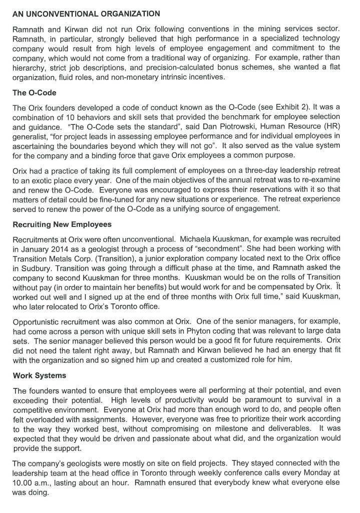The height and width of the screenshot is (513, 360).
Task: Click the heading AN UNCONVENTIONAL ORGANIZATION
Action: [x=86, y=14]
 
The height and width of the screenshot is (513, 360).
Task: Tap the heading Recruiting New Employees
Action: [x=62, y=224]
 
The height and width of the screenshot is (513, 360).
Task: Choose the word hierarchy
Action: [x=28, y=67]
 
